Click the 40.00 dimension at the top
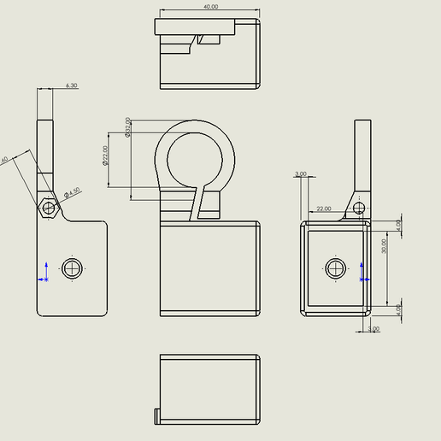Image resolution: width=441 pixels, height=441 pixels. (x=210, y=6)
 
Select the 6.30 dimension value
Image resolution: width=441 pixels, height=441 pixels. (x=71, y=85)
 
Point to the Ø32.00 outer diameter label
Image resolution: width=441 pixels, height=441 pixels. (x=128, y=127)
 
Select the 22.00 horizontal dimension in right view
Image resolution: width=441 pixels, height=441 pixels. (x=324, y=209)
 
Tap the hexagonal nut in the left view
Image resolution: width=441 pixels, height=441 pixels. (x=49, y=207)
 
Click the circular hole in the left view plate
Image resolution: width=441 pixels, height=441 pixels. (x=73, y=268)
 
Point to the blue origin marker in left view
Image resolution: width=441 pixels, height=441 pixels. (x=44, y=271)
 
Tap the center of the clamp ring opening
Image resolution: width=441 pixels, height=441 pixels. (x=200, y=158)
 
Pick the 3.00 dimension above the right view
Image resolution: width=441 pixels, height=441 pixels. (x=300, y=173)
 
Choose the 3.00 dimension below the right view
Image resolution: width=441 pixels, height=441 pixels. (x=373, y=329)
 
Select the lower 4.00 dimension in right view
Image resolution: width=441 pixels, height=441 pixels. (x=399, y=308)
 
